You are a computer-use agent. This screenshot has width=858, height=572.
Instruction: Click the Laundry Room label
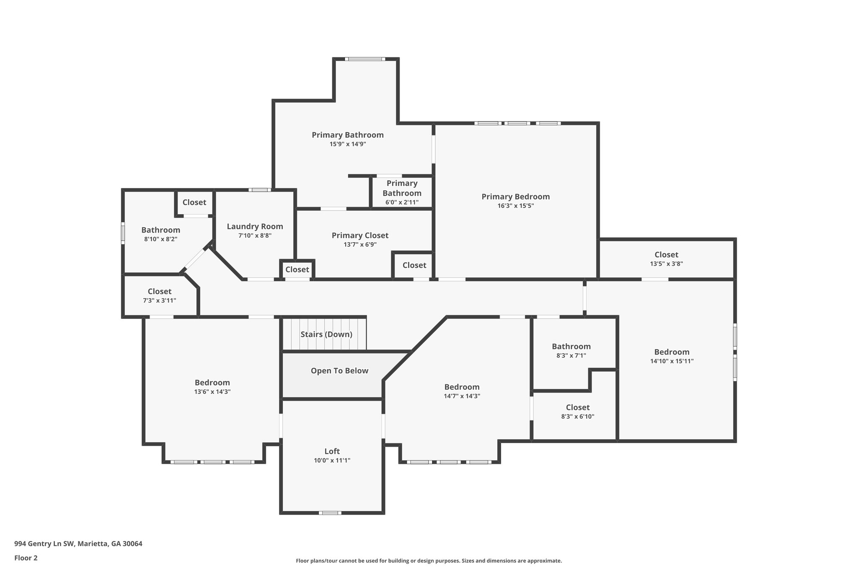coord(255,226)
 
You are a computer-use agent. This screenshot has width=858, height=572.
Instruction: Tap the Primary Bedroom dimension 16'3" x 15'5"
coord(515,206)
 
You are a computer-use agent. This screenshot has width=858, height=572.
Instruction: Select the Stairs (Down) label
coord(326,334)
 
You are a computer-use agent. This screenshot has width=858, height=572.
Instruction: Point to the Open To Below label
coord(339,371)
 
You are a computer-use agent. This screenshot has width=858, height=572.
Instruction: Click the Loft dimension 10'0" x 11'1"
coord(332,461)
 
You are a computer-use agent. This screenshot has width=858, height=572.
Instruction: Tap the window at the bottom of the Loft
coord(330,512)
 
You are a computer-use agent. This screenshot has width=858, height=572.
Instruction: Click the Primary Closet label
coord(360,236)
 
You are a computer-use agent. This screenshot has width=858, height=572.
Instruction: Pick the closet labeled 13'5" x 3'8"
coord(666,255)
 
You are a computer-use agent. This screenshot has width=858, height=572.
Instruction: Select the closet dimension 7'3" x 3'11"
coord(159,300)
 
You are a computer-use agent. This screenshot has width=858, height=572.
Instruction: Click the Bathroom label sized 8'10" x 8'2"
coord(160,230)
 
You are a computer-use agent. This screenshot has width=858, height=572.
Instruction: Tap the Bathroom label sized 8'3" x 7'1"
coord(571,347)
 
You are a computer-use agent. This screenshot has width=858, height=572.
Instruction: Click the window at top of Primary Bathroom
coord(365,59)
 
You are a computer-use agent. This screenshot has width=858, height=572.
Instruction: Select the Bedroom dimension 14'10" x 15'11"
coord(672,361)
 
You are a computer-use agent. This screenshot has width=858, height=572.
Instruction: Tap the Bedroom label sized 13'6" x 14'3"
coord(212,383)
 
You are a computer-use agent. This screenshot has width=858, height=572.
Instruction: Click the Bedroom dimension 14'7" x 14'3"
coord(462,396)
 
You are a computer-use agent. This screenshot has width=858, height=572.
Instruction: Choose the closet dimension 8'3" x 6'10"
coord(578,417)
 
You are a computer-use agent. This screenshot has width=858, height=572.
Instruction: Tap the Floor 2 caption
coord(26,558)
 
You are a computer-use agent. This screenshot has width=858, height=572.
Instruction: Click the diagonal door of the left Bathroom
coord(195,260)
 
